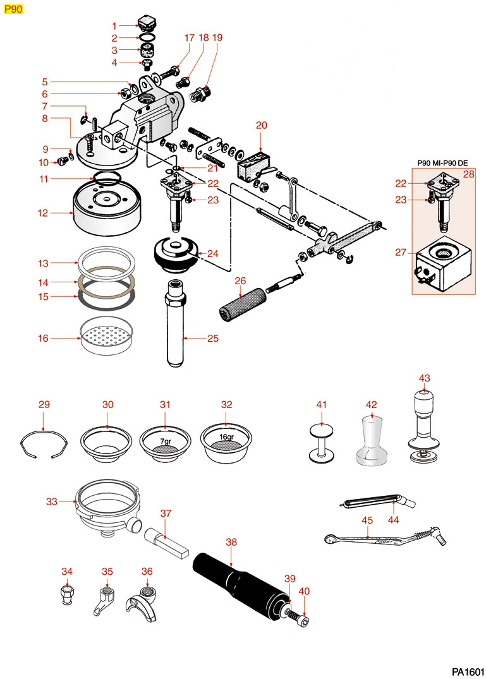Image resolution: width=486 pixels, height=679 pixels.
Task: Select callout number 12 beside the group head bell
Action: (x=42, y=213)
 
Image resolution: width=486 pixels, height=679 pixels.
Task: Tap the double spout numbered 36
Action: (x=148, y=600)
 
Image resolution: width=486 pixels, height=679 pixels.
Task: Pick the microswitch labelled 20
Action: (x=255, y=166)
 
